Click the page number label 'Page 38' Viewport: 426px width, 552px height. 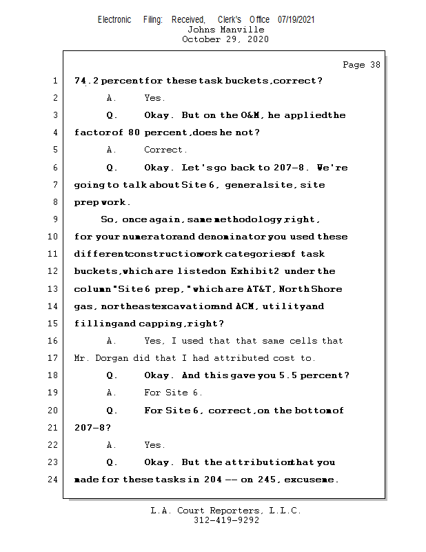[361, 65]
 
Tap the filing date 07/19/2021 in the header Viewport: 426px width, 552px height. [296, 20]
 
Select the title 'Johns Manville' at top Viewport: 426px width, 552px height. [225, 30]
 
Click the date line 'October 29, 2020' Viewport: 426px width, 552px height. [225, 39]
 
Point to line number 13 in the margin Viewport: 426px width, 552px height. [54, 289]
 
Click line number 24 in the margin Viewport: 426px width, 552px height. [54, 480]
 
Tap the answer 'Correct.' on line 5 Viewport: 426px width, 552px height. [165, 150]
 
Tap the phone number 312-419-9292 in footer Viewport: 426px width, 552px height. [225, 520]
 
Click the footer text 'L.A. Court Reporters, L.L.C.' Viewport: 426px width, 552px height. [225, 511]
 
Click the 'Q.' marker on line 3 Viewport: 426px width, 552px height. [112, 115]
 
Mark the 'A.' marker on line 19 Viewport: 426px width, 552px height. [112, 393]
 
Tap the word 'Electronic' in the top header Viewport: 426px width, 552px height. [114, 20]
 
